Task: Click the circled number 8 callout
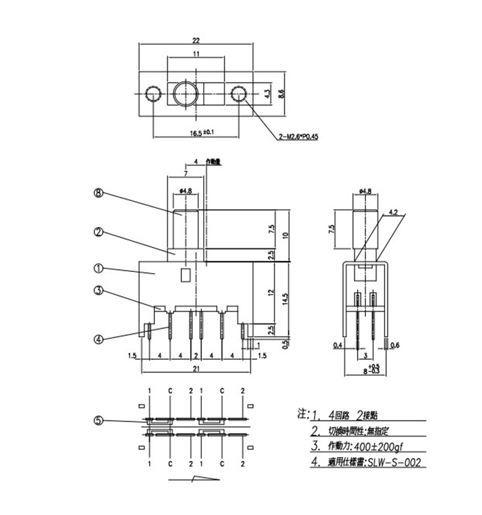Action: point(98,194)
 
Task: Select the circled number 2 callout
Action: point(98,233)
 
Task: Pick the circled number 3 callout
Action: point(98,291)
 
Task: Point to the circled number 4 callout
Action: point(98,338)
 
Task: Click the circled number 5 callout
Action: point(98,421)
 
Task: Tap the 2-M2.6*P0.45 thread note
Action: point(302,137)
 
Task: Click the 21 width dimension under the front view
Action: point(196,370)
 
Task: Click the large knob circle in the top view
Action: point(185,93)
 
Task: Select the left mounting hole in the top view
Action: point(151,93)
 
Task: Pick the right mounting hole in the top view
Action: point(239,93)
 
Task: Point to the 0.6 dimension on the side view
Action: point(395,344)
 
